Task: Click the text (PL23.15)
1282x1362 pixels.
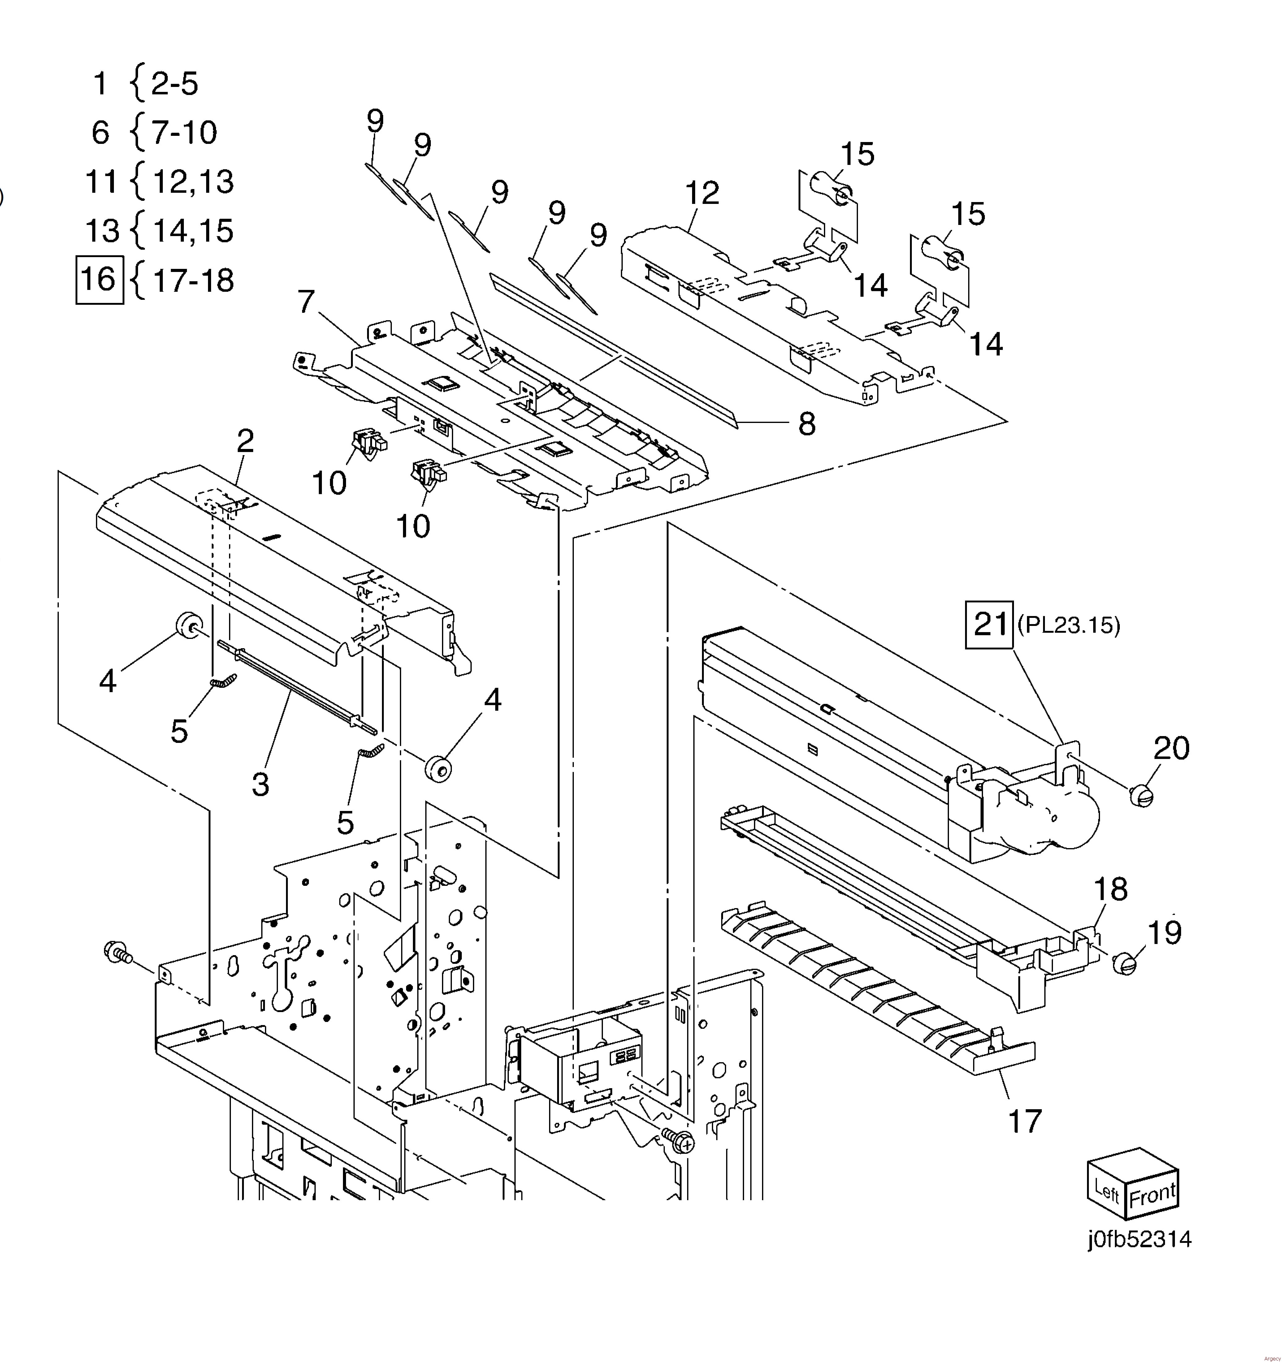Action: click(x=1069, y=626)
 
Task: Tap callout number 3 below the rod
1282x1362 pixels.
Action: click(x=260, y=784)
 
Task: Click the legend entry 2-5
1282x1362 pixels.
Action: click(x=174, y=84)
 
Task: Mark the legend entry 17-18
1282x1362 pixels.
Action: click(x=193, y=280)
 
